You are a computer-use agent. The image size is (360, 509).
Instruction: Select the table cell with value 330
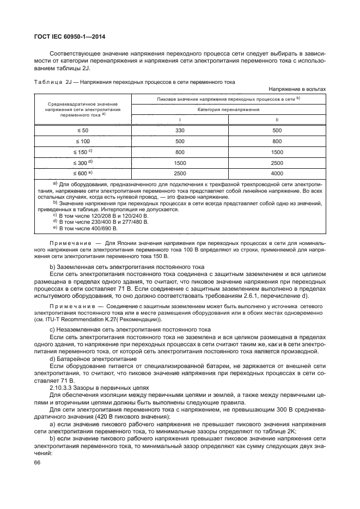click(180, 131)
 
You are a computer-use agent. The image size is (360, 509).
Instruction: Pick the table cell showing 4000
click(277, 173)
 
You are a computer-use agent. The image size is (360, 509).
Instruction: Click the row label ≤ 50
click(82, 131)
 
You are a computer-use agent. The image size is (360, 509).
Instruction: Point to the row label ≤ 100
click(82, 141)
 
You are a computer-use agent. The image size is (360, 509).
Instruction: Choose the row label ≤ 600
click(82, 173)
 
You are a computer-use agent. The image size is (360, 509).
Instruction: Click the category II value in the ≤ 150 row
click(277, 152)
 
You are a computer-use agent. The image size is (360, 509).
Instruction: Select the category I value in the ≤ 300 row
click(180, 162)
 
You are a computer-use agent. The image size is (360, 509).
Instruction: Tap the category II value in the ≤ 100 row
click(277, 141)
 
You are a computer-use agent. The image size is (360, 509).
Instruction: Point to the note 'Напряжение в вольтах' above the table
click(297, 88)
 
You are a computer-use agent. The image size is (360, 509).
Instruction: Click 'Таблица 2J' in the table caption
click(53, 82)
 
